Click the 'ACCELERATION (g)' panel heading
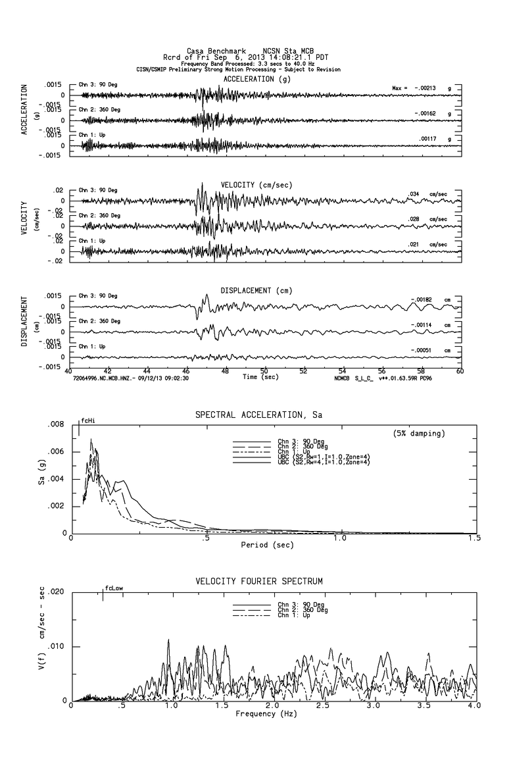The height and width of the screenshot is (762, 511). [256, 79]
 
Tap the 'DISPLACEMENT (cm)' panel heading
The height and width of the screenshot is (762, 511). [256, 290]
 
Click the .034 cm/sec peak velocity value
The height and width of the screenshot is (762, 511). [414, 193]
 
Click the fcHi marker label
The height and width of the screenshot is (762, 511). [88, 420]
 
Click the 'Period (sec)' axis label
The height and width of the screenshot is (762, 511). [267, 544]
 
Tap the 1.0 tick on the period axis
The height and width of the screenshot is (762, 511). [339, 538]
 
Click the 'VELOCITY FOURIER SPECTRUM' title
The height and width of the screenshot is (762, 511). [259, 582]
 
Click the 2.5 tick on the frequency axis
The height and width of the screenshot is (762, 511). [323, 705]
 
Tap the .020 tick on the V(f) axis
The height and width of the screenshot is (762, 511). [56, 592]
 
